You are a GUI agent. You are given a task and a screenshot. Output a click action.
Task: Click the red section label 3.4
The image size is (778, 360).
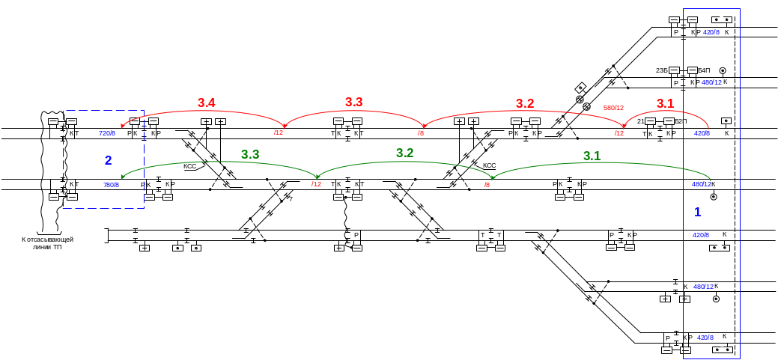pyautogui.click(x=206, y=102)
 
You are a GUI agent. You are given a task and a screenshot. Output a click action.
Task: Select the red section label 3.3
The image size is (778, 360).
pyautogui.click(x=353, y=101)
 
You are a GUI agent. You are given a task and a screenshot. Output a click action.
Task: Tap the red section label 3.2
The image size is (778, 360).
pyautogui.click(x=525, y=103)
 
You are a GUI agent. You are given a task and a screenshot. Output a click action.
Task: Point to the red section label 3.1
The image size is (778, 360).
pyautogui.click(x=665, y=103)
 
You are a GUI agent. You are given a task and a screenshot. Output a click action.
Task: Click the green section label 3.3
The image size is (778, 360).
pyautogui.click(x=250, y=153)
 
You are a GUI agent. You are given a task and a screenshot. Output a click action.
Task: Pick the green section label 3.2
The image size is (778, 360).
pyautogui.click(x=404, y=152)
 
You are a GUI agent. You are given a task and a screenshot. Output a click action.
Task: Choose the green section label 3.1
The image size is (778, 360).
pyautogui.click(x=592, y=155)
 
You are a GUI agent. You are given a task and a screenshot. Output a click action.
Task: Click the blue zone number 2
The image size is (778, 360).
pyautogui.click(x=108, y=160)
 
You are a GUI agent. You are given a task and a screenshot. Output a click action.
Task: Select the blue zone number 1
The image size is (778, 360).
pyautogui.click(x=697, y=212)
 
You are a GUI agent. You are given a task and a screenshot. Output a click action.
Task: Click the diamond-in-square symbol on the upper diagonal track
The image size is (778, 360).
pyautogui.click(x=579, y=88)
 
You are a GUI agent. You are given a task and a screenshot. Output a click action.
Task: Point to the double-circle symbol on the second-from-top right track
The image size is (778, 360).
pyautogui.click(x=723, y=71)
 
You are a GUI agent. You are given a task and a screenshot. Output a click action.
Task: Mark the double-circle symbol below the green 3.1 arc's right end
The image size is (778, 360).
pyautogui.click(x=714, y=197)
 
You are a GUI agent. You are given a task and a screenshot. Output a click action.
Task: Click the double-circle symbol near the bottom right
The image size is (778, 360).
pyautogui.click(x=717, y=299)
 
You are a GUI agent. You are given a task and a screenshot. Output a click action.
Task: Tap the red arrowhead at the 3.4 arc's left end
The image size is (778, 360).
pyautogui.click(x=124, y=126)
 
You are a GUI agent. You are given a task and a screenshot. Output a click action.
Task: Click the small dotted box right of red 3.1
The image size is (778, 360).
pyautogui.click(x=725, y=120)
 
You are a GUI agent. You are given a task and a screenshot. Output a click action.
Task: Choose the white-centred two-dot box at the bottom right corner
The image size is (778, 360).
pyautogui.click(x=720, y=350)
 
